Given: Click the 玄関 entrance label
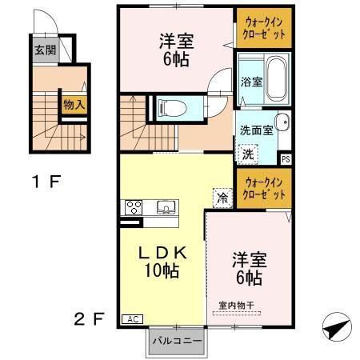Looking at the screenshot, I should pos(45,50).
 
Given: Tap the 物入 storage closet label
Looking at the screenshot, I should pos(74,105).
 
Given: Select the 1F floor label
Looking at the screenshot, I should pos(46,181).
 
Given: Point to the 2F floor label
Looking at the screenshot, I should pos(89,320).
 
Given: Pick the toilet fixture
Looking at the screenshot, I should pos(170,106).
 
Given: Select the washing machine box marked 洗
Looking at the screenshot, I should pos(248,152).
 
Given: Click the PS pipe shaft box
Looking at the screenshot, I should pos(286,158).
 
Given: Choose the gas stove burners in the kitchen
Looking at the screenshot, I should pos(132,208).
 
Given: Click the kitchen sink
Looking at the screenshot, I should pos(166,208).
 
